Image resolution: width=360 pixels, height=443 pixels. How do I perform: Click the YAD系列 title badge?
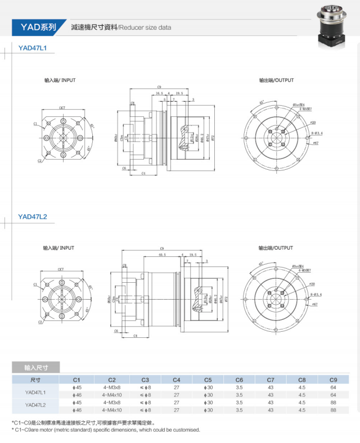(37, 26)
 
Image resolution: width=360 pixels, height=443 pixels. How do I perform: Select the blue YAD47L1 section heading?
(32, 48)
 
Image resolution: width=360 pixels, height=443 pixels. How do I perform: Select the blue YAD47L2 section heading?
(32, 216)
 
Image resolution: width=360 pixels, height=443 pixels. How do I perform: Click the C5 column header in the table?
(208, 380)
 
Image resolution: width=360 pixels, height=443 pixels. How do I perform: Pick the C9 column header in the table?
(333, 380)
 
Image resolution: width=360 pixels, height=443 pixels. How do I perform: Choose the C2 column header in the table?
(112, 380)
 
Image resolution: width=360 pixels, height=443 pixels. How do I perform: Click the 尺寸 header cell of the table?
(35, 380)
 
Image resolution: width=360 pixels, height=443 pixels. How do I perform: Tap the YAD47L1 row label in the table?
(35, 391)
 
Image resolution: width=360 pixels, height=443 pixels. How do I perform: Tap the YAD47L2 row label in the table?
(35, 405)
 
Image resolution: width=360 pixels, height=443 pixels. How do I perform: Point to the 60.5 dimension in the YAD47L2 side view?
(162, 255)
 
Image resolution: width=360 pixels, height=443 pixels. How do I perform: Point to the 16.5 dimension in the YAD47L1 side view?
(159, 93)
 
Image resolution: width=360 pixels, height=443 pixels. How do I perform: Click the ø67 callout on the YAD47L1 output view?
(315, 143)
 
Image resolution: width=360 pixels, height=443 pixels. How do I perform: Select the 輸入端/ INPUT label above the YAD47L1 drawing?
(60, 80)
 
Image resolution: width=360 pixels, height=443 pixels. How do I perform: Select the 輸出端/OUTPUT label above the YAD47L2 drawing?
(276, 247)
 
